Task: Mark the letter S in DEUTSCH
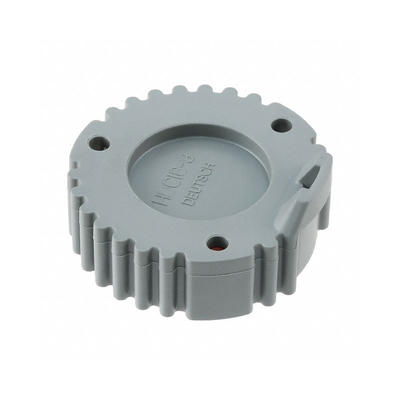[x=202, y=179]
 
